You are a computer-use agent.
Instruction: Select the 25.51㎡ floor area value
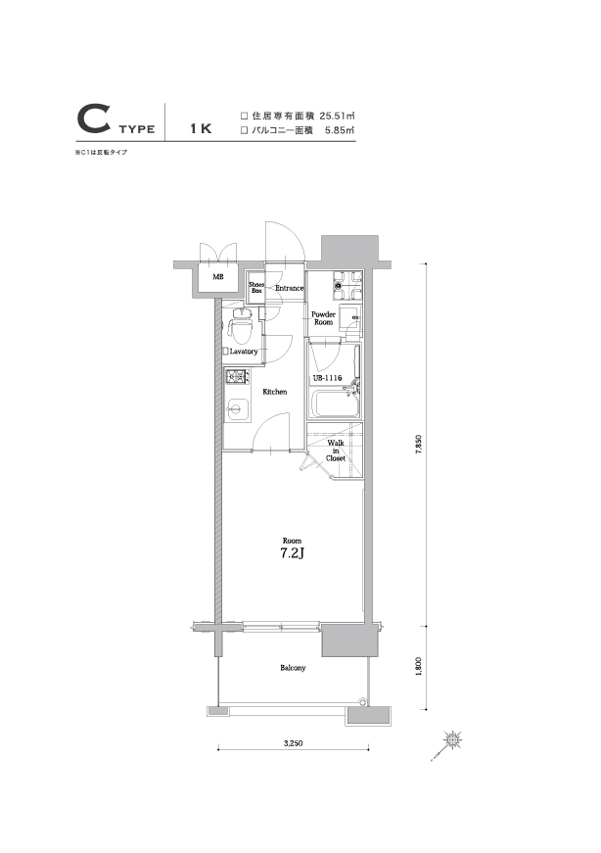331,114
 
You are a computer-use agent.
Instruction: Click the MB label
217,277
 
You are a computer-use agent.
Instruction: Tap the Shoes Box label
256,288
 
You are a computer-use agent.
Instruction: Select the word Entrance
289,289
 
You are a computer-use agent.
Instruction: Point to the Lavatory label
243,351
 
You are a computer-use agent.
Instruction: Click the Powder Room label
323,318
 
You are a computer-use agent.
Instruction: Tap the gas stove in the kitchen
238,378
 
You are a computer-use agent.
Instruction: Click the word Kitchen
274,392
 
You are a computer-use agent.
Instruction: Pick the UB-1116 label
326,378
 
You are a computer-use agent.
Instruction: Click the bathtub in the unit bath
333,403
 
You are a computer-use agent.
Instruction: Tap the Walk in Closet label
336,450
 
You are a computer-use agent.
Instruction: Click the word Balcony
293,668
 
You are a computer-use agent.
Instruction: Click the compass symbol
454,739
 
